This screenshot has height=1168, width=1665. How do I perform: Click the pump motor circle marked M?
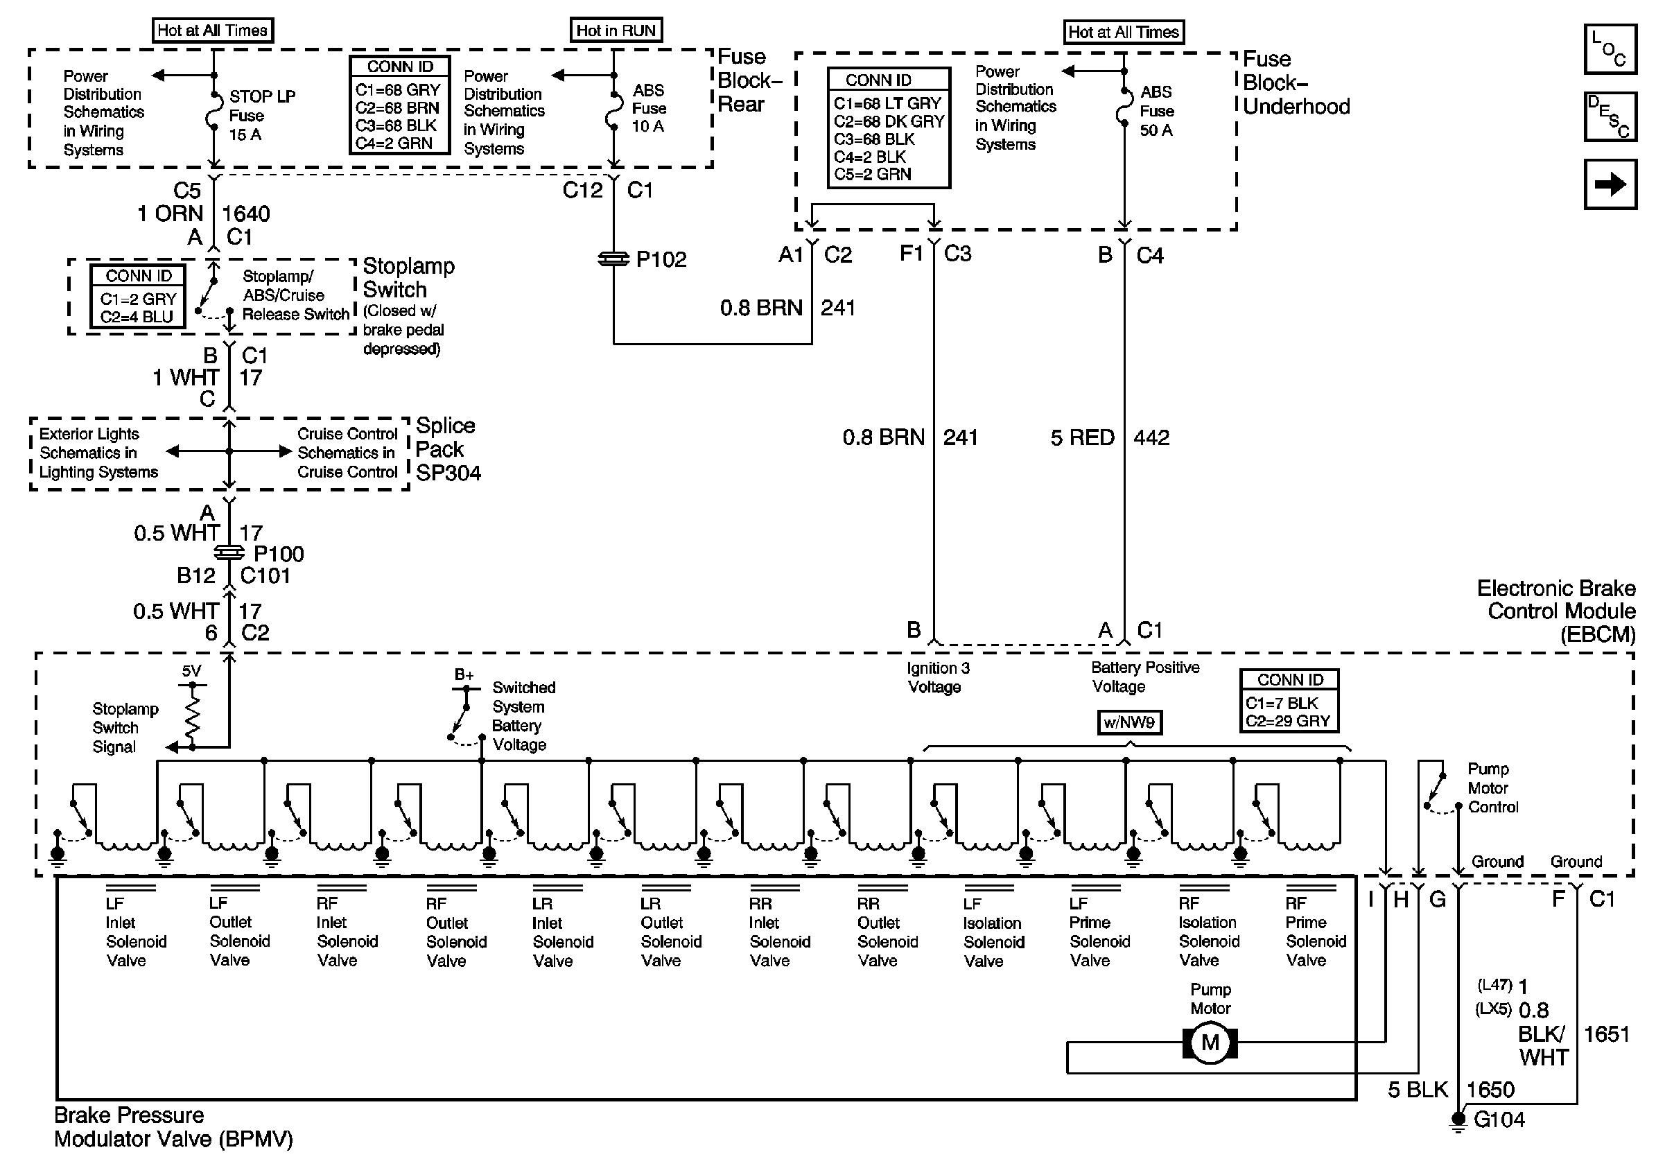coord(1210,1043)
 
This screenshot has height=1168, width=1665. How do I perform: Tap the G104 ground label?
coord(1499,1120)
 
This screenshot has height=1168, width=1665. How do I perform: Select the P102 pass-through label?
coord(661,259)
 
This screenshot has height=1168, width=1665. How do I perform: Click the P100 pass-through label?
coord(279,555)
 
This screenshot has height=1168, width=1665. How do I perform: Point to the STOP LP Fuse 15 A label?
coord(263,115)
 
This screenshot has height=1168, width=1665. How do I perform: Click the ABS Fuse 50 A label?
coord(1157,111)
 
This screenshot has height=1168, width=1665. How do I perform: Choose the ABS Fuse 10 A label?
coord(648,108)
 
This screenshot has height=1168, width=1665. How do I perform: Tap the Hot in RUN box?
coord(616,30)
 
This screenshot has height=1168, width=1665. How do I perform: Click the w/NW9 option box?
coord(1129,722)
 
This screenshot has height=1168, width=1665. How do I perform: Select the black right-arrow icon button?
coord(1610,184)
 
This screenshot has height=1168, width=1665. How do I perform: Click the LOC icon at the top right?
coord(1610,49)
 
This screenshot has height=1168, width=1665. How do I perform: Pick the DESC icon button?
coord(1610,116)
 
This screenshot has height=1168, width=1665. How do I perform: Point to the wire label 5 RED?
coord(1082,438)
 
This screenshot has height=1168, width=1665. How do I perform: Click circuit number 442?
coord(1151,438)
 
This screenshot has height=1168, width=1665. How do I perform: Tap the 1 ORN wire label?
coord(171,214)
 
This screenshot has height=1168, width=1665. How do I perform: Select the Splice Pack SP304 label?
coord(447,449)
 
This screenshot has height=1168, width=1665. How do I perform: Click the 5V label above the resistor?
coord(191,672)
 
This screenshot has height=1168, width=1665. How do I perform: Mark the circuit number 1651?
coord(1606,1035)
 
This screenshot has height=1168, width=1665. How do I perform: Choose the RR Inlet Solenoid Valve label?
coord(780,932)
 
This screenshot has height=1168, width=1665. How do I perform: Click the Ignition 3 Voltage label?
coord(938,677)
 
